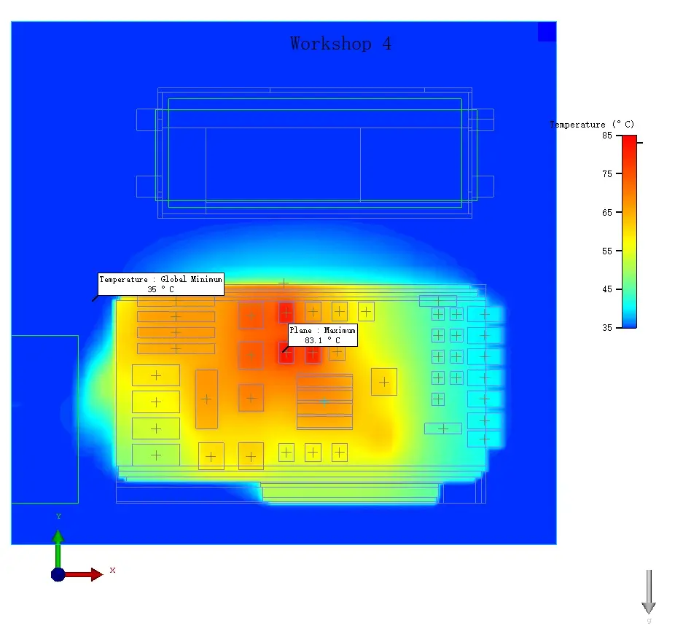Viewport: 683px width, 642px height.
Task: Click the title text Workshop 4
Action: point(340,44)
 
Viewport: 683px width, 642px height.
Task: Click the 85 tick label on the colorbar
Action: point(606,136)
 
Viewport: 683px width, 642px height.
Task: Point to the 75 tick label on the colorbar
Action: point(606,173)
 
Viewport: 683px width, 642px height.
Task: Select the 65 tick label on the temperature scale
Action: point(606,213)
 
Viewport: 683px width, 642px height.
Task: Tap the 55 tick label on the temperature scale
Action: point(606,251)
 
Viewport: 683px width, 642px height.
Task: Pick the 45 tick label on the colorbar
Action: point(606,289)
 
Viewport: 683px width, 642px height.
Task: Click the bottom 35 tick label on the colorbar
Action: point(606,327)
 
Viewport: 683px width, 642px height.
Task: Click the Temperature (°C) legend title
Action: point(592,125)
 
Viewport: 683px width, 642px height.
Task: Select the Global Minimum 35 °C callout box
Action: point(161,284)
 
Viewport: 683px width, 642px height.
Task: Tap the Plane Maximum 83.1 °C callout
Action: point(322,335)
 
